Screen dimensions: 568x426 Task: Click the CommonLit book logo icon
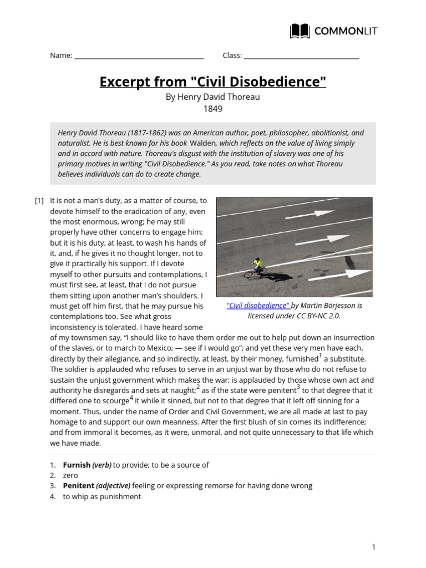pos(300,31)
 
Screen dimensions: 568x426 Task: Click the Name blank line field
pos(139,57)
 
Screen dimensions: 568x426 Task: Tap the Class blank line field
pos(301,57)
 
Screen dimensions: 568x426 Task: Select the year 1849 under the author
pos(213,109)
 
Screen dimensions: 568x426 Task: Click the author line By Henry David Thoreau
pos(213,97)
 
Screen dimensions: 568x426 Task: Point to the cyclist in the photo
pos(256,267)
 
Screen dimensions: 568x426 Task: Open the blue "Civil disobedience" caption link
pos(258,306)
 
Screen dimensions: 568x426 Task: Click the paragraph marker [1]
pos(39,201)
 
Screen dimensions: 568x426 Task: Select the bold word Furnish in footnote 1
pos(77,465)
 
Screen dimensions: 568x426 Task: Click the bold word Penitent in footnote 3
pos(78,485)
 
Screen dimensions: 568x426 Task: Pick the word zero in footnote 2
pos(70,475)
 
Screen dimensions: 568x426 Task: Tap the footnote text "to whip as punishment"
pos(102,496)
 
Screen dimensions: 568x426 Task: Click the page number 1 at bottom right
pos(374,547)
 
